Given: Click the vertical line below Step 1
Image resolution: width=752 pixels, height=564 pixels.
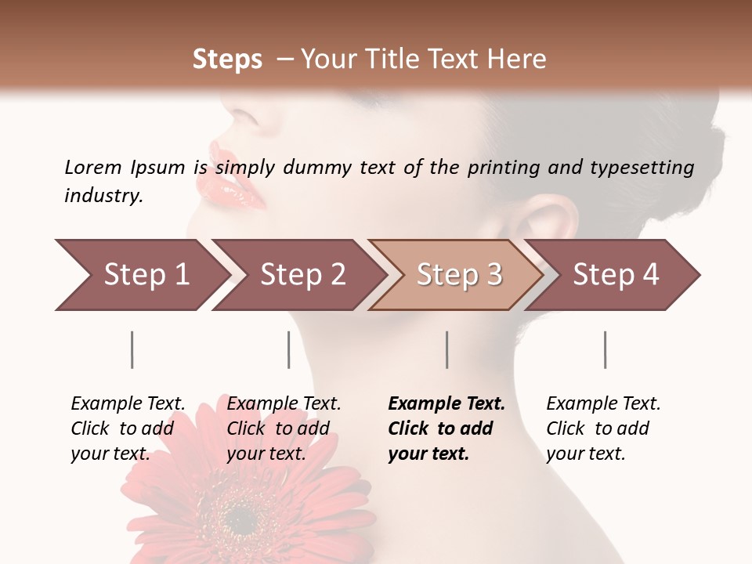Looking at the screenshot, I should click(132, 349).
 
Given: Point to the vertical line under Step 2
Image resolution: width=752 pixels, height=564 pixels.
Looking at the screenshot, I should click(289, 349).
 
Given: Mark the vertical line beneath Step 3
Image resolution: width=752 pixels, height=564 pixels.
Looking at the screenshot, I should click(446, 349).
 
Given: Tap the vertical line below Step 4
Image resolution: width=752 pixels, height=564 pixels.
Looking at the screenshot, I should click(605, 349).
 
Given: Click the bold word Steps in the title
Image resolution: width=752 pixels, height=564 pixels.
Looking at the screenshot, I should click(227, 60).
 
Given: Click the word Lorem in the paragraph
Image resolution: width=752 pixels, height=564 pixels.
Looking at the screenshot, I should click(93, 167).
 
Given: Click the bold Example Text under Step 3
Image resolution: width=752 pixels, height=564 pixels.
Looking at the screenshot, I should click(446, 404).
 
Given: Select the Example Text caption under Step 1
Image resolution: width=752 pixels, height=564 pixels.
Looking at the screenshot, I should click(128, 404).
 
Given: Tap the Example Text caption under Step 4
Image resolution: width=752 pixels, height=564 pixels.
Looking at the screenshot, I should click(603, 404).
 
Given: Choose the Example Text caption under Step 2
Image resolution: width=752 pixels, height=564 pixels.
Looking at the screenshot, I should click(284, 404).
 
